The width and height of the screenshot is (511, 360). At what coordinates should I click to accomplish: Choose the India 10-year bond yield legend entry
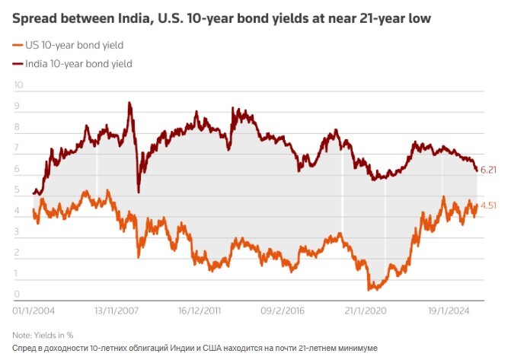coord(78,64)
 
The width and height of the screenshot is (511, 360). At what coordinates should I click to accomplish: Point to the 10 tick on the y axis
coord(18,84)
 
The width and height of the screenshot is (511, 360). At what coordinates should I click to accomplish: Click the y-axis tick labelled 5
coord(17,190)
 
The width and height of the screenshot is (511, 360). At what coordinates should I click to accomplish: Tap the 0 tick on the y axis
coord(17,295)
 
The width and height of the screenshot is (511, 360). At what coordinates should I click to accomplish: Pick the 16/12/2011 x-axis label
coord(200,311)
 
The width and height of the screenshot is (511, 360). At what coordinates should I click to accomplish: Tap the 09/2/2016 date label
coord(283,311)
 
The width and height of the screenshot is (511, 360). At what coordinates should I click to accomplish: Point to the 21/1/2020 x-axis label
coord(366,311)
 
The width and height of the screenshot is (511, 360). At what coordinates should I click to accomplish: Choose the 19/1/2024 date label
coord(449,311)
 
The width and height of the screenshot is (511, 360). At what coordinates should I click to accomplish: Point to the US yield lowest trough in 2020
coord(370,289)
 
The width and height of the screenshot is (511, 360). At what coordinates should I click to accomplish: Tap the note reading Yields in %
coord(43,335)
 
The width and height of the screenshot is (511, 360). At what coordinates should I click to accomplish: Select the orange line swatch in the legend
coord(18,46)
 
